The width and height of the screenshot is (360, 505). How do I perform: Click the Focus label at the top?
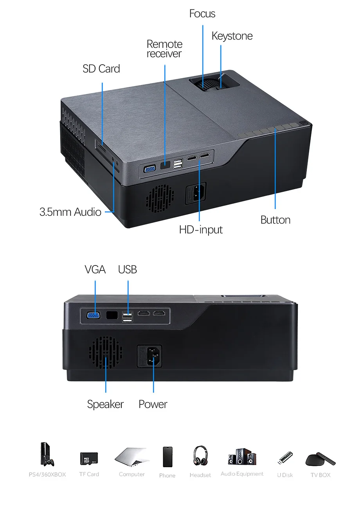(x=202, y=14)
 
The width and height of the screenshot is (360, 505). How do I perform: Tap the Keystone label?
(x=232, y=36)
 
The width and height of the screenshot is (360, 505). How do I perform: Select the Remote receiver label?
(x=164, y=49)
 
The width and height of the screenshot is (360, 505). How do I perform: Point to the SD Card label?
(x=101, y=69)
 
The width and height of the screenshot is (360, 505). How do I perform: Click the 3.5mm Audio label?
(x=70, y=212)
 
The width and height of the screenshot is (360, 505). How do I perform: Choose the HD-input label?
(x=201, y=229)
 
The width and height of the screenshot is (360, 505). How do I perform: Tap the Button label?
(x=275, y=220)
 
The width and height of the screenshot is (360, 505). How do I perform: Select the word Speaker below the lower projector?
(x=105, y=404)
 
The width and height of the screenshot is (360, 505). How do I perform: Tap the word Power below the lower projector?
(x=153, y=404)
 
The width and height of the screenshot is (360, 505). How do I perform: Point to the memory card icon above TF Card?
(x=89, y=458)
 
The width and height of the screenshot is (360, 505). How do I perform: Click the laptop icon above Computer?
(x=131, y=457)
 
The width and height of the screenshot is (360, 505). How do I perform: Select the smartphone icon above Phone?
(x=167, y=457)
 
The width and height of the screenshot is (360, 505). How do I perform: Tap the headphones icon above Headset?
(x=200, y=456)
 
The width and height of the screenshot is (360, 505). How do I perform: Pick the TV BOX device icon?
(x=320, y=459)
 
